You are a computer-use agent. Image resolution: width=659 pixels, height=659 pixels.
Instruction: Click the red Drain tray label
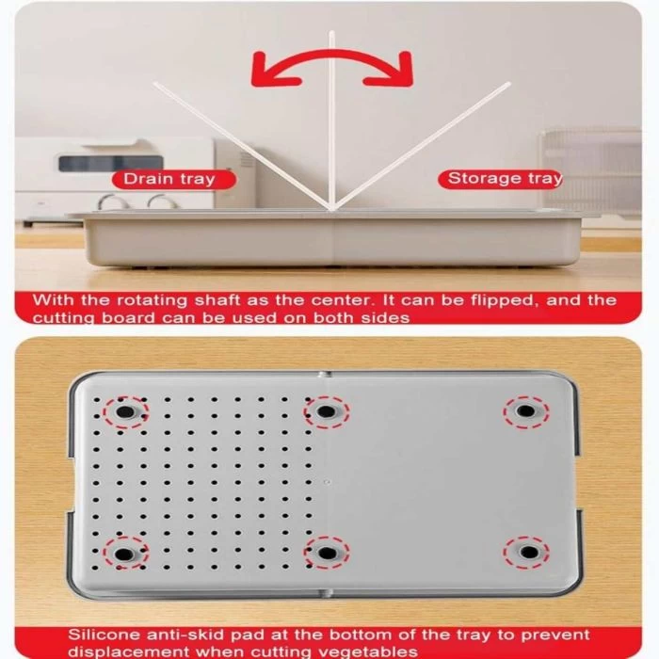tap(173, 180)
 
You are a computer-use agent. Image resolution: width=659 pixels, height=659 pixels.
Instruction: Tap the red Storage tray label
tap(500, 179)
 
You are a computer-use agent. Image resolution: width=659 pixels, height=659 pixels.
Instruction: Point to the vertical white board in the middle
tap(332, 120)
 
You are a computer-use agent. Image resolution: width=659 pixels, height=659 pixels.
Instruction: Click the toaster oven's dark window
tap(110, 163)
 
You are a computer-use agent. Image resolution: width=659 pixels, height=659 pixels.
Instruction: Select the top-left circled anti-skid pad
tap(125, 412)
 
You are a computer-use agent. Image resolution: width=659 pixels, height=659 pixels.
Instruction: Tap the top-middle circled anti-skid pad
tap(327, 412)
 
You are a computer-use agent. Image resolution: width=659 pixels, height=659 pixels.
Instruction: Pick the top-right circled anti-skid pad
tap(525, 411)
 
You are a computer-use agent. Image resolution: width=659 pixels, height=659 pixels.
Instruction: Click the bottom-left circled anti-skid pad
tap(125, 554)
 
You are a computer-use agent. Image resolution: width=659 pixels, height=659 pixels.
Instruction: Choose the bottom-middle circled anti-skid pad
tap(327, 554)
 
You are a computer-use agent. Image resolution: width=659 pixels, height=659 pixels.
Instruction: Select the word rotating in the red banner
tap(152, 301)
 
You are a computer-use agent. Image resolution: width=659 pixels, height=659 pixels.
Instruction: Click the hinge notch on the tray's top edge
tap(324, 374)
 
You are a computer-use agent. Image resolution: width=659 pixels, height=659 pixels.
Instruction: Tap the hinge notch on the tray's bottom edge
tap(325, 593)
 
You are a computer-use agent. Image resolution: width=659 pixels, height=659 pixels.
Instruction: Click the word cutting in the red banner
tap(64, 318)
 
